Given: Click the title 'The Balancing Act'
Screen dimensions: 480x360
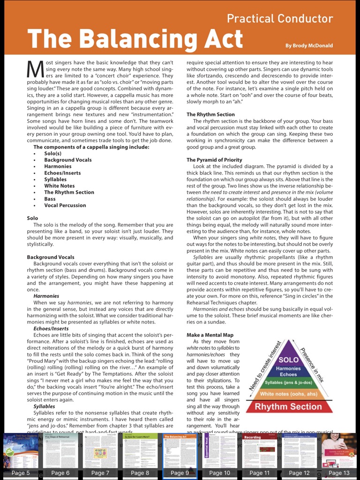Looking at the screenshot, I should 135,38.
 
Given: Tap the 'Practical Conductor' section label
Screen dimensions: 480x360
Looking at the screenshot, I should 279,19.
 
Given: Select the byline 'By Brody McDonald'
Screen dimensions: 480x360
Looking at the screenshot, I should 309,45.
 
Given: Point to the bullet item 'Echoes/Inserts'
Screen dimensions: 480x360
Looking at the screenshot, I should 62,173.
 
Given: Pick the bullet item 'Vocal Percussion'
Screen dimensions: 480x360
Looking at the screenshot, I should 65,205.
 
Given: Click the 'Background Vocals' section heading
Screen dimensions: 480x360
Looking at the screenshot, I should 51,257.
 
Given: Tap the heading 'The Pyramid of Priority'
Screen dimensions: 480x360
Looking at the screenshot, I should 214,160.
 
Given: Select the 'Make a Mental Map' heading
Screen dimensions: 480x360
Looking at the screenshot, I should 210,335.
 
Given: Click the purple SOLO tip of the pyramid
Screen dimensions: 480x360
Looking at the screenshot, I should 288,359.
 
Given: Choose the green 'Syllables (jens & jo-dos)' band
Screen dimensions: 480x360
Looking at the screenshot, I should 288,383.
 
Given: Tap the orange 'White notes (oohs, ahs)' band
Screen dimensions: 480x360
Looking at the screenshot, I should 288,394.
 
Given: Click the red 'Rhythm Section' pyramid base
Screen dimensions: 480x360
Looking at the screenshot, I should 288,406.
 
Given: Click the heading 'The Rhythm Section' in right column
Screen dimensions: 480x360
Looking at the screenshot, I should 210,114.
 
